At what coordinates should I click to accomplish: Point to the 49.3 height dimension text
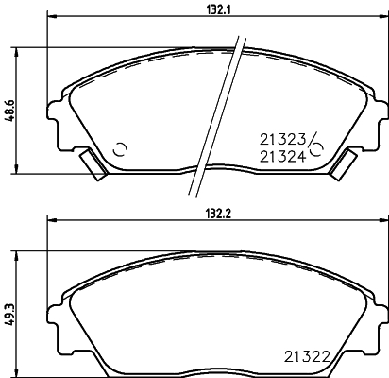(x=8, y=313)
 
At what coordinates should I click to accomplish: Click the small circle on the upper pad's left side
(x=120, y=148)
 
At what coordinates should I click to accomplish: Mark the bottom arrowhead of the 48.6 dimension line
(x=17, y=170)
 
